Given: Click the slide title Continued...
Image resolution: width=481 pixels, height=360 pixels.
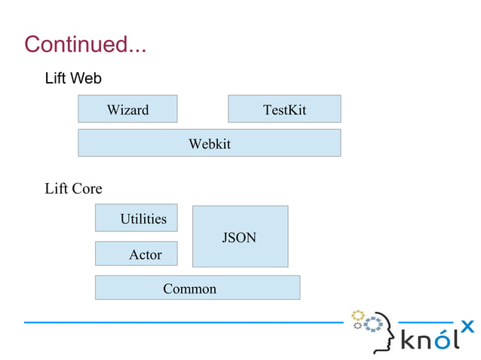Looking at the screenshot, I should [84, 44].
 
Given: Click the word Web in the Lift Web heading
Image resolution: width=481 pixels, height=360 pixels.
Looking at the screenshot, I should [87, 78].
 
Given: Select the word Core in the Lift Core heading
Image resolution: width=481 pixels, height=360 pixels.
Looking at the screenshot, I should [87, 188].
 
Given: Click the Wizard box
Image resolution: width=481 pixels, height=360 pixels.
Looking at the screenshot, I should [127, 109].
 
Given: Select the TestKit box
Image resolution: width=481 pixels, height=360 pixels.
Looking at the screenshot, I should [284, 109].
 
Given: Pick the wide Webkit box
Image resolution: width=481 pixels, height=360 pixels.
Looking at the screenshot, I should [209, 143].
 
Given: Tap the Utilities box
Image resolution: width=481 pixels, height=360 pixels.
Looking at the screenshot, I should [136, 218].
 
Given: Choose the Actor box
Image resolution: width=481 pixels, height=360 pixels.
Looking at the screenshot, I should [136, 255].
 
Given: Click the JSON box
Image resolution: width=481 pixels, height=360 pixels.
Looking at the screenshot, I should [240, 237].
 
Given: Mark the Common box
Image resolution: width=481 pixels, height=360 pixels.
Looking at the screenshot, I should [197, 288].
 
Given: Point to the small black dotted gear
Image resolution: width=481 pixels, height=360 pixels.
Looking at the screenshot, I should [359, 326].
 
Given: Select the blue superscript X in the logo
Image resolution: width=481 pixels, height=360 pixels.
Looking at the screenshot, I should [467, 326].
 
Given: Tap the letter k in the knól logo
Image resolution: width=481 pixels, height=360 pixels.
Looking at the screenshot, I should [408, 340].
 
